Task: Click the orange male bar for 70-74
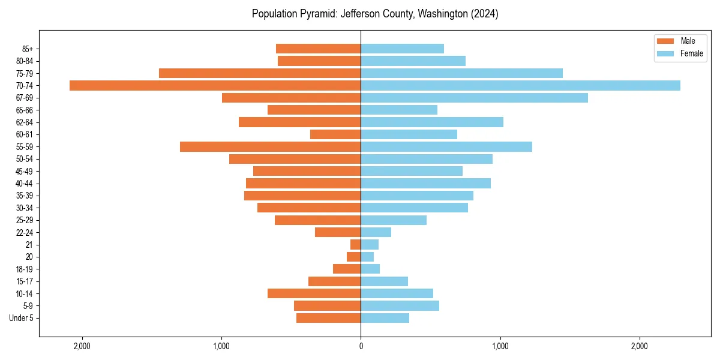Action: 215,85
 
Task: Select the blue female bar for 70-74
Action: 520,85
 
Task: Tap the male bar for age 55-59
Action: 270,146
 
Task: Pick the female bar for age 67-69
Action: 474,98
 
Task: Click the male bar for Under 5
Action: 328,318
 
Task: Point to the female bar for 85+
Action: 402,49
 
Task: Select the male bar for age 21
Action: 355,244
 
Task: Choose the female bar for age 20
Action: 367,257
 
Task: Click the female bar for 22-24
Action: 376,232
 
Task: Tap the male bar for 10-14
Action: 314,293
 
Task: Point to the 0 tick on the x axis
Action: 361,346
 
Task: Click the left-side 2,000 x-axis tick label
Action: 82,346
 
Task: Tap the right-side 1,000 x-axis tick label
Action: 500,346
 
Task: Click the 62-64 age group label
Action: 25,122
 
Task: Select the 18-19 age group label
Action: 25,269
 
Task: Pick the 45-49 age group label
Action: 25,171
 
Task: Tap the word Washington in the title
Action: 441,14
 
